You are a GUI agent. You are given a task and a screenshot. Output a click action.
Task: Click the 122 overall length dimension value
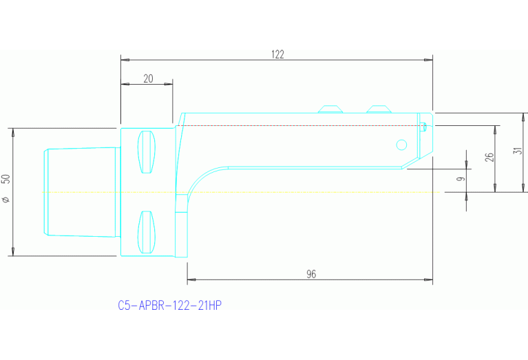(278, 54)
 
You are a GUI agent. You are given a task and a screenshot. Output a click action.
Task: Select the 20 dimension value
(148, 78)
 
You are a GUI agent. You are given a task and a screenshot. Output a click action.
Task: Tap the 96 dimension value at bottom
(310, 274)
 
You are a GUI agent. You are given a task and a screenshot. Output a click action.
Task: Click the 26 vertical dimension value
(489, 158)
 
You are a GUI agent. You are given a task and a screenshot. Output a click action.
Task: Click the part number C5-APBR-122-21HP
(169, 305)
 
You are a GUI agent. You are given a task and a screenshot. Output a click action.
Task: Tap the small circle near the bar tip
(401, 144)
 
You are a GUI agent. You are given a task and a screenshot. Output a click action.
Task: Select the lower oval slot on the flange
(146, 232)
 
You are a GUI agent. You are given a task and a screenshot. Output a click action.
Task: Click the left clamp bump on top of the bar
(330, 109)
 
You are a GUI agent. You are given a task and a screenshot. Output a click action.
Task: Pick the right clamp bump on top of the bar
(379, 109)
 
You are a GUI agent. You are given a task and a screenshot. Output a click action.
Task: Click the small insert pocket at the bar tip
(424, 125)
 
